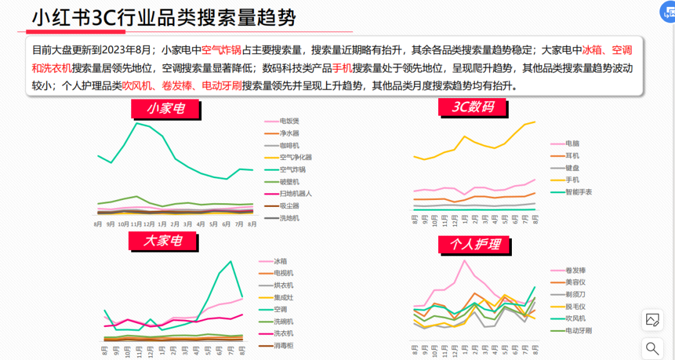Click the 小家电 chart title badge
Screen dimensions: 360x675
166,109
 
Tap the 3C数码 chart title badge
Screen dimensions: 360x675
473,107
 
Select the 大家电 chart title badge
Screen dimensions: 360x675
163,241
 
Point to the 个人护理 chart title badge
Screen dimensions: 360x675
475,244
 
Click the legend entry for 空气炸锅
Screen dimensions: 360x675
292,169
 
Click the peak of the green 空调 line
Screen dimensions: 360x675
231,261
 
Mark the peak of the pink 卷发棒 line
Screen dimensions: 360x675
464,260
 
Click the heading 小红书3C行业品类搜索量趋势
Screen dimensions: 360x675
164,18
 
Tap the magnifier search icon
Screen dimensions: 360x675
652,348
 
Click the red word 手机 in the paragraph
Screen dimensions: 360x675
341,68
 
